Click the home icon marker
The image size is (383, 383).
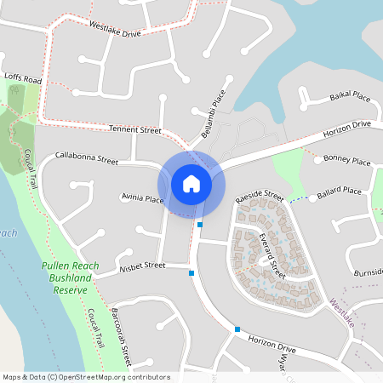191,184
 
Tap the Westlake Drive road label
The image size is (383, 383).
116,30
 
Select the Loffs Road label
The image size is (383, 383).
22,77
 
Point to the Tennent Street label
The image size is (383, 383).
134,129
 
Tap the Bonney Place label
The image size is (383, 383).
348,160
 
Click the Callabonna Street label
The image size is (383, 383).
87,158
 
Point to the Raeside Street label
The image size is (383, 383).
260,196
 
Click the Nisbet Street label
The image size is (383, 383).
142,266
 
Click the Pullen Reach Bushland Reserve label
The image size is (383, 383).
71,277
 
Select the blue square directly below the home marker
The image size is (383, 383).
200,225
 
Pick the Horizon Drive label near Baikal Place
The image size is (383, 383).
346,129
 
